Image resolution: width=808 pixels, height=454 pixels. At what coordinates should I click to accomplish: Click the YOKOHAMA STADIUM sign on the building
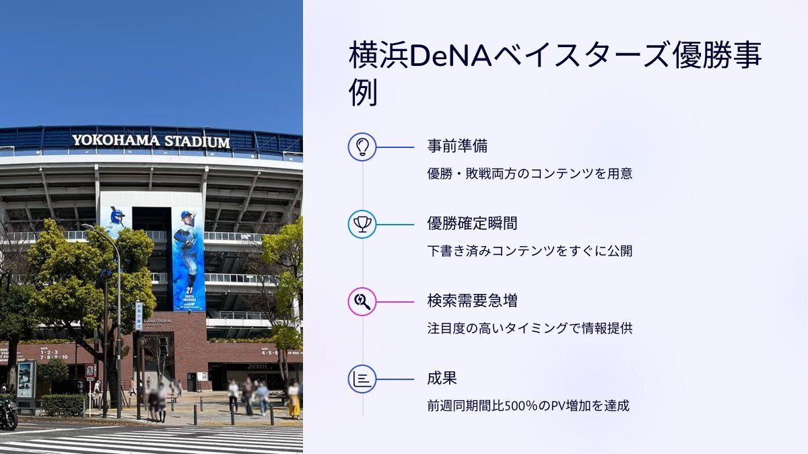[x=151, y=141]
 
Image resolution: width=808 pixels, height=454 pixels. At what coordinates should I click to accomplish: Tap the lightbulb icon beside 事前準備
[x=362, y=147]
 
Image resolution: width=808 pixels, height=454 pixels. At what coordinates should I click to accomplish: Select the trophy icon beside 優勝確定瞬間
[x=362, y=225]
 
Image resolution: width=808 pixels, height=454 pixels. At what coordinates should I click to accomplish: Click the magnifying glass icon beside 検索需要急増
[x=362, y=301]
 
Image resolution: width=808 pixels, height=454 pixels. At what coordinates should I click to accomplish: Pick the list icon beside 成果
[x=362, y=379]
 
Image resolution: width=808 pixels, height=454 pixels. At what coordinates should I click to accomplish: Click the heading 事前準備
[x=457, y=147]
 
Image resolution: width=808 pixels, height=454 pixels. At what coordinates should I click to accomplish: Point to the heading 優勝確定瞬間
[x=472, y=223]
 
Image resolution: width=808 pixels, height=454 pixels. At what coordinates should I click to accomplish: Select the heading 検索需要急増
[x=472, y=301]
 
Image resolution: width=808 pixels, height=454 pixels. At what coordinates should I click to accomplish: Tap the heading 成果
[x=442, y=378]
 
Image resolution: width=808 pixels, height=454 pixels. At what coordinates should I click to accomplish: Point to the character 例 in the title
[x=363, y=92]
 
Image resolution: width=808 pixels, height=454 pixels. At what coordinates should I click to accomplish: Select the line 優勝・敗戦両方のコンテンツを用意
[x=530, y=174]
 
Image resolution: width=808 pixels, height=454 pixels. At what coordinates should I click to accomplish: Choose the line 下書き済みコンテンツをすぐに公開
[x=530, y=251]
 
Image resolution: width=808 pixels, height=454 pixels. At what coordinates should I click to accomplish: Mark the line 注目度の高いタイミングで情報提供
[x=530, y=328]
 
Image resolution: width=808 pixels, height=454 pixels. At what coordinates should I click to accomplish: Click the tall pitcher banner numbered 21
[x=189, y=260]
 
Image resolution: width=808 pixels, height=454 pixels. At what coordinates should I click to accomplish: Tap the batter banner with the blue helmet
[x=116, y=221]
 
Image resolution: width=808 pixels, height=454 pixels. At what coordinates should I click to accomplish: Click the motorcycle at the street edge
[x=8, y=414]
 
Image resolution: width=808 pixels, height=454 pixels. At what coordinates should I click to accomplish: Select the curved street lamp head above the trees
[x=88, y=226]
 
